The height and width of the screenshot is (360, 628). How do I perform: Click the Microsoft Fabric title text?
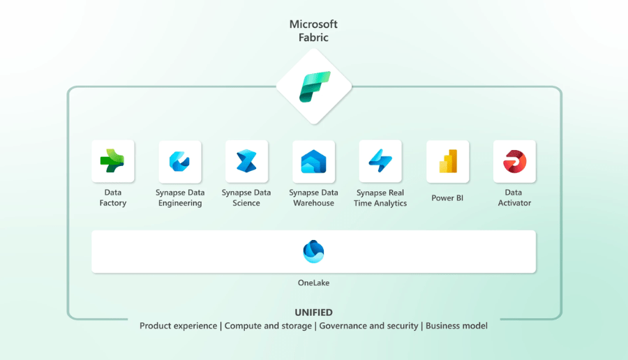[x=313, y=31]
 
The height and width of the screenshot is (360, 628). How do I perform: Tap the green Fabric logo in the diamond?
[x=314, y=87]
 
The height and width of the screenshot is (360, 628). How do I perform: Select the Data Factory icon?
[x=113, y=161]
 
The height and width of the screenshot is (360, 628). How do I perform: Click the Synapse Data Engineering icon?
[x=180, y=161]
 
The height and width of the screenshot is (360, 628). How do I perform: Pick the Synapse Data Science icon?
[x=246, y=161]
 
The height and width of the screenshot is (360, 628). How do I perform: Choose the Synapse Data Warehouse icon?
[x=313, y=161]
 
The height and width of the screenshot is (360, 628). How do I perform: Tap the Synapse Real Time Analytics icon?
[x=380, y=161]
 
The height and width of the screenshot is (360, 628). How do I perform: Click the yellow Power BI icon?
[x=447, y=161]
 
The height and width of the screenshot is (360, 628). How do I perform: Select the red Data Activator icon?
[x=514, y=161]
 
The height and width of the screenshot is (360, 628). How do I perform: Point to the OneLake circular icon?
[x=313, y=251]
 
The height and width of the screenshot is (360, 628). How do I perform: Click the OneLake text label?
[x=313, y=283]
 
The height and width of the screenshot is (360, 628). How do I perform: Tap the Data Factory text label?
[x=113, y=198]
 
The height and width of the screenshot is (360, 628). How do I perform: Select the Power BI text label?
[x=447, y=198]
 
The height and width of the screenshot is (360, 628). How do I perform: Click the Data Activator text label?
[x=514, y=198]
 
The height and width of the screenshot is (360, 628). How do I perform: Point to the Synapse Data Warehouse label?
[x=313, y=198]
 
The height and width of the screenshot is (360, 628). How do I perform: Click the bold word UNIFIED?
[x=313, y=313]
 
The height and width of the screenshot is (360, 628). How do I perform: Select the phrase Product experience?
[x=179, y=326]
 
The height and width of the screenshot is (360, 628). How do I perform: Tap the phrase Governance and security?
[x=368, y=326]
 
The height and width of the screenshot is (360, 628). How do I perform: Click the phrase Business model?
[x=456, y=326]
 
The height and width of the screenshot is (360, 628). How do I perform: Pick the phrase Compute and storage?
[x=269, y=326]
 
